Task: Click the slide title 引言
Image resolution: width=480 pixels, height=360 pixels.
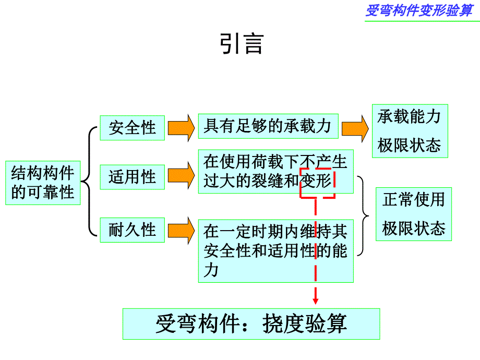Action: (x=242, y=44)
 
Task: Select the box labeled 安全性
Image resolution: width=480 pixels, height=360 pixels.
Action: (x=133, y=128)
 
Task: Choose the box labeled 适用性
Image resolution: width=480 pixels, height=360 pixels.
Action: (x=133, y=177)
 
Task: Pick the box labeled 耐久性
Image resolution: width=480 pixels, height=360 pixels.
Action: (x=133, y=230)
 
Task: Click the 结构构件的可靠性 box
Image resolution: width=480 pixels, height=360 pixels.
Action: (x=43, y=183)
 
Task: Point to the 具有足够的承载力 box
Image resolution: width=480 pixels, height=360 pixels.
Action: (x=268, y=126)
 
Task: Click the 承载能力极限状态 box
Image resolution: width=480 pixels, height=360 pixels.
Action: (x=410, y=130)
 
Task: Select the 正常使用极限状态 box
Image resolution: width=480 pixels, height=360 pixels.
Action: (x=414, y=214)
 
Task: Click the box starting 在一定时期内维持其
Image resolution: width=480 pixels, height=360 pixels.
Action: (x=275, y=250)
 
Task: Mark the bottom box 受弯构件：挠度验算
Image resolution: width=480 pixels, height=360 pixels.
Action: (x=251, y=324)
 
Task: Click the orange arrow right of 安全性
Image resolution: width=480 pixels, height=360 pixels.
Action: (x=179, y=128)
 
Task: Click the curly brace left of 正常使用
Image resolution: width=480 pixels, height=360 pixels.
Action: (x=363, y=215)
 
